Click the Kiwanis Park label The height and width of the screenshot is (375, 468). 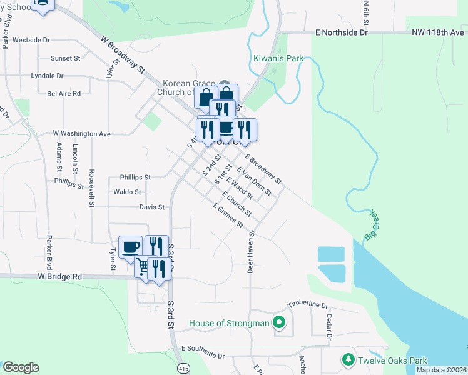(278, 59)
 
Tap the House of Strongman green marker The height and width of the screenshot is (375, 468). (279, 324)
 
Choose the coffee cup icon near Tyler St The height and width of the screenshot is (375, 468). (130, 246)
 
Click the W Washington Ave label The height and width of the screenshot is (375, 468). (81, 133)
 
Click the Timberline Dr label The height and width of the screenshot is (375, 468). (308, 304)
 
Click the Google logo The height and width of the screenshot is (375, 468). (21, 367)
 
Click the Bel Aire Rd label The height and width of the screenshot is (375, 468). (64, 94)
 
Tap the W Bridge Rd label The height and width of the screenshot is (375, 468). (59, 276)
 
